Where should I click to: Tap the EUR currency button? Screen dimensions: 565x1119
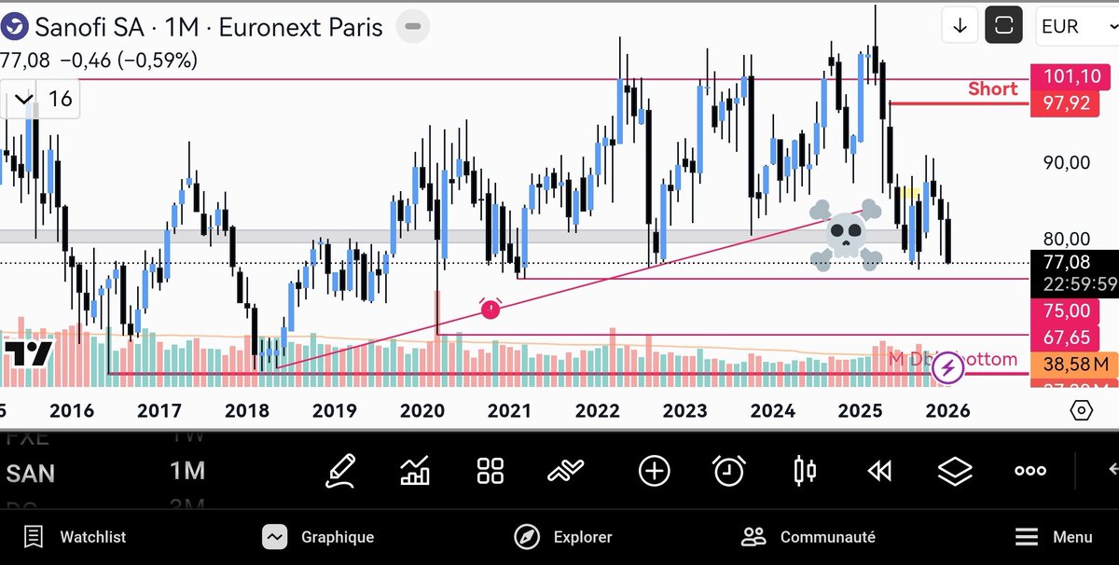click(x=1067, y=26)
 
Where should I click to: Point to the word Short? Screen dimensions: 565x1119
click(x=992, y=89)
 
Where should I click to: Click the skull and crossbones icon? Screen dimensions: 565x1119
click(x=846, y=233)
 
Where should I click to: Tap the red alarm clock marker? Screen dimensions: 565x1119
click(x=490, y=308)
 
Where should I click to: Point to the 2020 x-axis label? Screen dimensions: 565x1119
click(x=421, y=410)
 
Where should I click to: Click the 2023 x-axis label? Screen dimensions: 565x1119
click(x=684, y=410)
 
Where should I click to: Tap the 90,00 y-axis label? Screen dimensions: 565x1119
click(x=1067, y=163)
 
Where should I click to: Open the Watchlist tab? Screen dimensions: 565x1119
click(x=75, y=537)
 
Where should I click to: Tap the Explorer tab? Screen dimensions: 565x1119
click(x=563, y=537)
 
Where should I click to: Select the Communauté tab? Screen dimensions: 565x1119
click(x=808, y=537)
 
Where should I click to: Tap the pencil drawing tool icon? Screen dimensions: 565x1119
click(x=340, y=471)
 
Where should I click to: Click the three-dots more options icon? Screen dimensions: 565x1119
click(x=1029, y=471)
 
